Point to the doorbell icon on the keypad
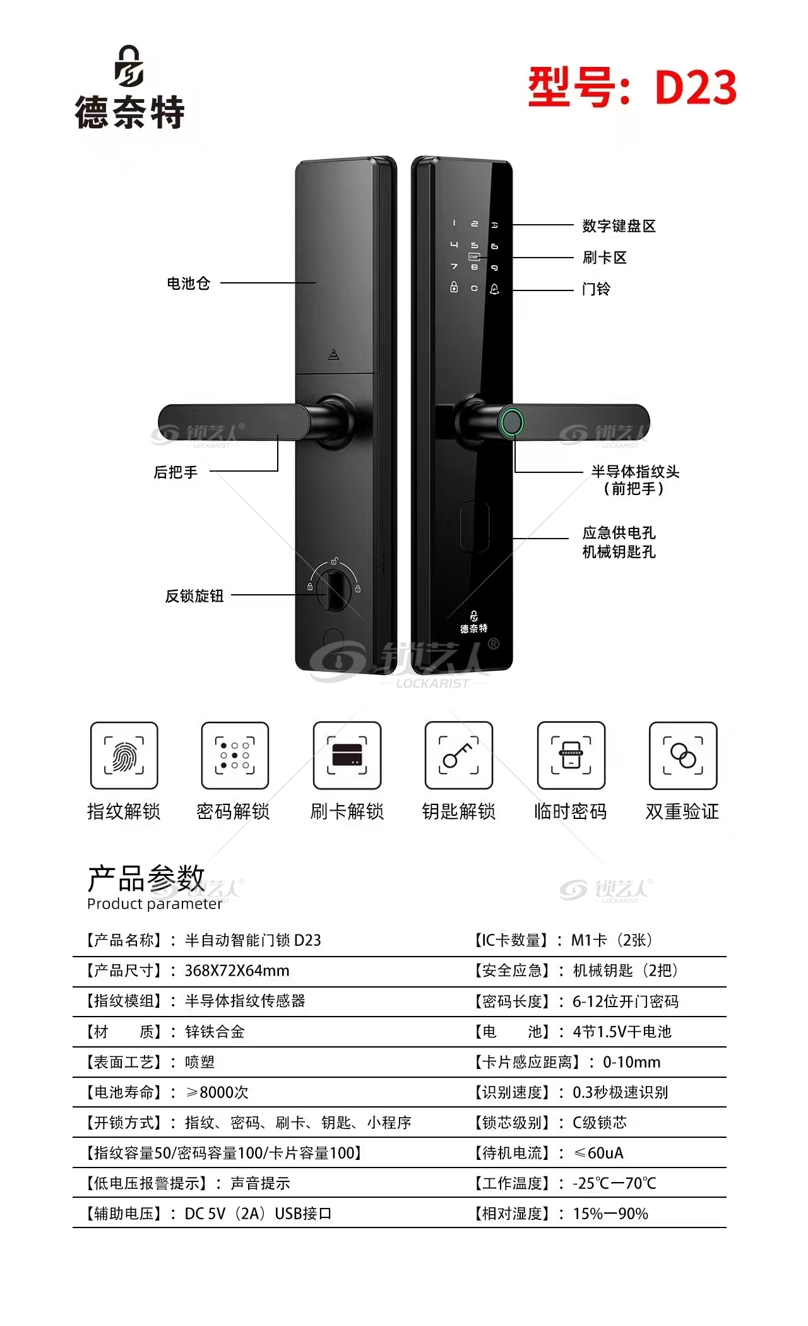coord(494,289)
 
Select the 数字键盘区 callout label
coord(619,225)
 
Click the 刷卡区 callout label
coord(604,257)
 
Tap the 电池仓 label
coord(188,283)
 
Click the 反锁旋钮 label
coord(194,595)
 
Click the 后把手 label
coord(175,472)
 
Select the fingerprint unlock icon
coord(124,755)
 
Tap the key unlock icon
coord(459,755)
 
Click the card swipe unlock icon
coord(347,755)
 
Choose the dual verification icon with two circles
coord(683,755)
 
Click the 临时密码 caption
coord(571,811)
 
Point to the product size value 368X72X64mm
coord(237,971)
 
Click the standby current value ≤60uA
coord(598,1153)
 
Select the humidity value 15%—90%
coord(610,1214)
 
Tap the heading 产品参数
coord(146,878)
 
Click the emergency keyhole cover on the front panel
coord(475,527)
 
